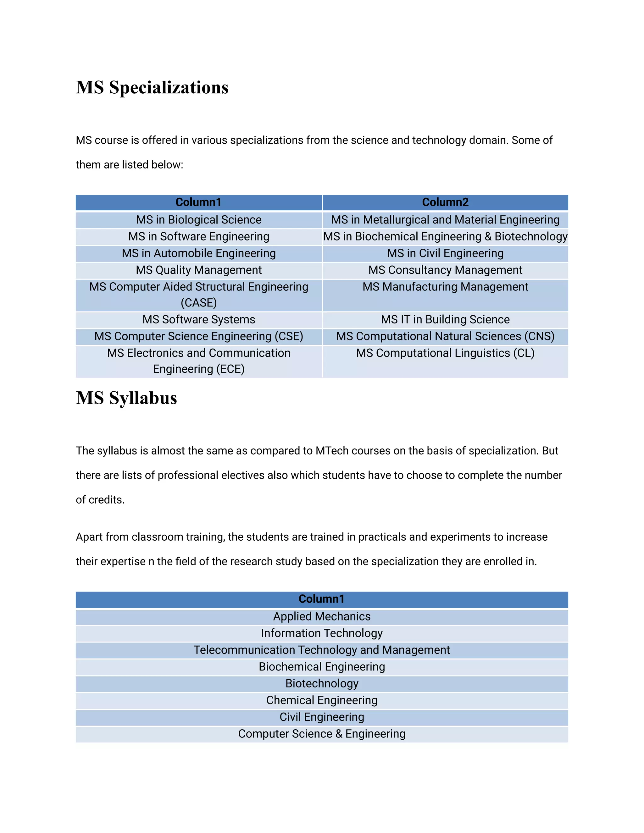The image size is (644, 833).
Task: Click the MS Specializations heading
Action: pyautogui.click(x=152, y=87)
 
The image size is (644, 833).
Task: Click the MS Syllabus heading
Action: pyautogui.click(x=126, y=398)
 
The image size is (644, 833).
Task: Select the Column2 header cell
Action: pyautogui.click(x=445, y=202)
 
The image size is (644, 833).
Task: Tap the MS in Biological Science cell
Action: pyautogui.click(x=199, y=220)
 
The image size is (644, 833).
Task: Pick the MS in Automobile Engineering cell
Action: pyautogui.click(x=199, y=253)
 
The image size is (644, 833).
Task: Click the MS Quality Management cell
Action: pyautogui.click(x=199, y=270)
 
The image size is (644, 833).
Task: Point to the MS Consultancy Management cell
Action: pyautogui.click(x=445, y=270)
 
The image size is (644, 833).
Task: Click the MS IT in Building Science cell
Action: pyautogui.click(x=445, y=320)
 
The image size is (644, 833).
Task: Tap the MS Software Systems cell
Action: pyautogui.click(x=199, y=320)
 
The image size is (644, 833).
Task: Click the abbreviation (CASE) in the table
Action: pyautogui.click(x=199, y=303)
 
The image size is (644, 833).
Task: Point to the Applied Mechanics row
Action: pyautogui.click(x=322, y=616)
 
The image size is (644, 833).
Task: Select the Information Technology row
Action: pyautogui.click(x=322, y=633)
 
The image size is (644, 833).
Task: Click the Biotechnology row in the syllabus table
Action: pyautogui.click(x=322, y=683)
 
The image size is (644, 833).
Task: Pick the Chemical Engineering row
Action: pyautogui.click(x=322, y=700)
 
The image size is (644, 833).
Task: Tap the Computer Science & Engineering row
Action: pyautogui.click(x=322, y=734)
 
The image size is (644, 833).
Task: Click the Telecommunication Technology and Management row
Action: pyautogui.click(x=322, y=650)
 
